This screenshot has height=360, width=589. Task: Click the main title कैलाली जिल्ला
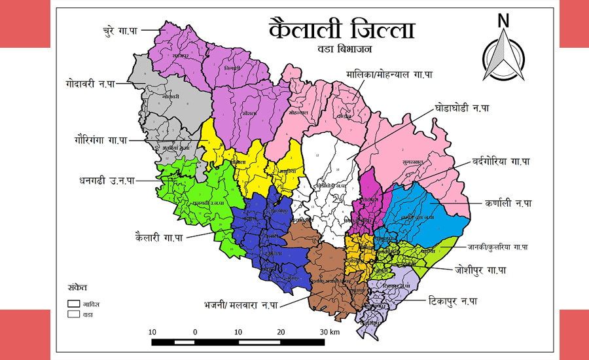pyautogui.click(x=342, y=30)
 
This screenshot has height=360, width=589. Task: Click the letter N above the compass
pyautogui.click(x=503, y=20)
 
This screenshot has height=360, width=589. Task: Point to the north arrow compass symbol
pyautogui.click(x=503, y=60)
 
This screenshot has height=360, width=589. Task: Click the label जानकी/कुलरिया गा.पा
pyautogui.click(x=497, y=247)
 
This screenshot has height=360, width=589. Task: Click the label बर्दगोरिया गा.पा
pyautogui.click(x=501, y=161)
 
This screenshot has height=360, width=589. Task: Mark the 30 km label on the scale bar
pyautogui.click(x=329, y=332)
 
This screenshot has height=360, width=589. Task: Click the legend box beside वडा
pyautogui.click(x=74, y=314)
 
